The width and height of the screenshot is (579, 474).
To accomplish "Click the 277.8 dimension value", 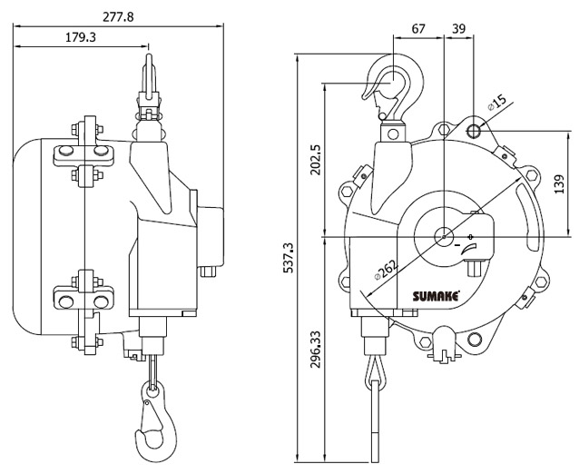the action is point(118,17).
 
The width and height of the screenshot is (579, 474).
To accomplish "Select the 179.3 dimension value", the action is point(81,37).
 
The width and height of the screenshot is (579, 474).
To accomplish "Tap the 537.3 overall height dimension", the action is point(288,258).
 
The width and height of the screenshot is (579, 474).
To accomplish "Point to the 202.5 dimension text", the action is point(316,160).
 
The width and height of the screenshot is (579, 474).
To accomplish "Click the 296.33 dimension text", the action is point(316,350).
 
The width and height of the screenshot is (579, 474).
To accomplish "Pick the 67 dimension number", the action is point(418,28).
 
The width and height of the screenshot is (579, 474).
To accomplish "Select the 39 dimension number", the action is point(459,28).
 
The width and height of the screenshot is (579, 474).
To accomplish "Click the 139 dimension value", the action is point(559,183).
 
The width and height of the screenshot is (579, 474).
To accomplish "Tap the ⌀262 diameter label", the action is point(387,270).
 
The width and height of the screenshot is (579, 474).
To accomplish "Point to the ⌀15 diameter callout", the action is point(496,103).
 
